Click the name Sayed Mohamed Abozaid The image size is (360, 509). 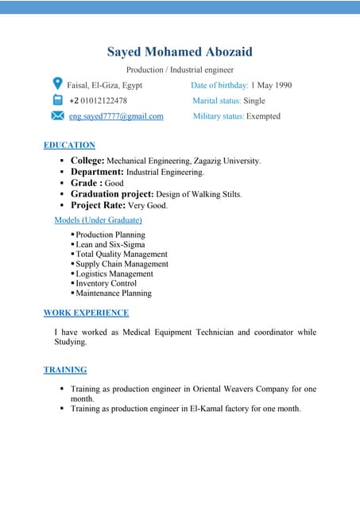pos(180,52)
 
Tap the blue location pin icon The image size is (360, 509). pos(57,84)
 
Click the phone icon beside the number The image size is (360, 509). pos(57,100)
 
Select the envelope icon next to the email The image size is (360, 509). pos(57,116)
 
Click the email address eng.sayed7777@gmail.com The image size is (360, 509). pos(116,116)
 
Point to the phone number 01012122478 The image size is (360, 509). pos(103,101)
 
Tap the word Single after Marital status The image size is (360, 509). pos(254,101)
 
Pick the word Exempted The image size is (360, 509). pos(263,116)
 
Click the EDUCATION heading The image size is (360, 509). pos(69,145)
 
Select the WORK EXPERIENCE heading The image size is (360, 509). pos(86,313)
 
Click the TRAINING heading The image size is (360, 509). pos(65,370)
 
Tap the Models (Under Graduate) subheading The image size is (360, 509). pos(98,220)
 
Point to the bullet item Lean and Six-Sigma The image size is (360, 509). pos(110,245)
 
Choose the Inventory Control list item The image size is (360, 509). pos(106,283)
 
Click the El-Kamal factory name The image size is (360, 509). pos(230,408)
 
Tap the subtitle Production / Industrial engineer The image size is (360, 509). pos(180,70)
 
